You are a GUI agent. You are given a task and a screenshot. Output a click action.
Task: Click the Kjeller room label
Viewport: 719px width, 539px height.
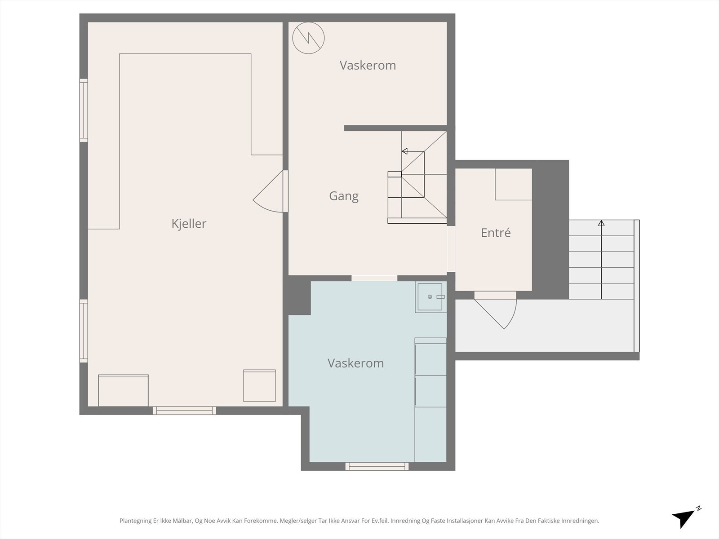[189, 224]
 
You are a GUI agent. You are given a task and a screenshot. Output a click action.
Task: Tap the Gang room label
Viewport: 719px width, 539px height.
[344, 196]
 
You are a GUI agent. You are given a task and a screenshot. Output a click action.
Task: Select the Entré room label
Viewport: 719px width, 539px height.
[496, 233]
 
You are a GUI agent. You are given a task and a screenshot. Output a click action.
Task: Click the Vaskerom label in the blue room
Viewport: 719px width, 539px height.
[356, 363]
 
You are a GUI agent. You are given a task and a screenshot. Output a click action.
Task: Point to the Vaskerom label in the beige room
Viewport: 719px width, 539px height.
[368, 66]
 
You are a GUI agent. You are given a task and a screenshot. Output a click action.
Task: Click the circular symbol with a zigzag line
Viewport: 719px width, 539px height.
[308, 38]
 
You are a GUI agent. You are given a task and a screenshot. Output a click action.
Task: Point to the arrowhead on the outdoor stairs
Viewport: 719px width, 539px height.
[601, 223]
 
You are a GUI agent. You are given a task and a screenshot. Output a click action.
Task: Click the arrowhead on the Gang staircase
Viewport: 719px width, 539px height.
[404, 151]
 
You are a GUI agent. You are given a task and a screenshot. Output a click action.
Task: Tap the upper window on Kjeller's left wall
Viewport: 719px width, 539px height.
[84, 110]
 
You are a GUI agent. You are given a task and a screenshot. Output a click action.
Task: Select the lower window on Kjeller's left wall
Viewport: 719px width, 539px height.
[84, 331]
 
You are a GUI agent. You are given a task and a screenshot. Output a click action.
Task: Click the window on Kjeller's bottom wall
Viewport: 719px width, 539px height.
[184, 411]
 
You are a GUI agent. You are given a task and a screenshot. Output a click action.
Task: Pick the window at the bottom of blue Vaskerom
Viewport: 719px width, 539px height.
[377, 466]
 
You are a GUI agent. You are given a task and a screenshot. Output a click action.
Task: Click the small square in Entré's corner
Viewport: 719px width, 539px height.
[513, 184]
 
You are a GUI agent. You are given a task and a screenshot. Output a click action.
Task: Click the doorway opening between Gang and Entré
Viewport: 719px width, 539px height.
[451, 249]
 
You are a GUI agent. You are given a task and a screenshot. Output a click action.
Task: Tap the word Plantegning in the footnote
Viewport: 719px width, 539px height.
[136, 521]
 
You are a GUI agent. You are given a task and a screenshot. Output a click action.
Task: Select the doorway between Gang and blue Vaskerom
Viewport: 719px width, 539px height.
[374, 278]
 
